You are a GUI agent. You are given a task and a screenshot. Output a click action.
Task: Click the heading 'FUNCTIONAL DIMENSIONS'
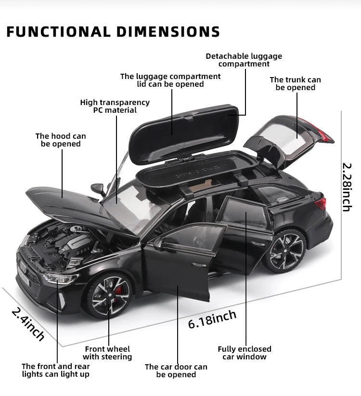tap(113, 31)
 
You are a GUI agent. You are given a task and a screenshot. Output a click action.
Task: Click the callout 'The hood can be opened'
tap(61, 140)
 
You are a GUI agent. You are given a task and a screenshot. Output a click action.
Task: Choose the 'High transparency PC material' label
tap(115, 106)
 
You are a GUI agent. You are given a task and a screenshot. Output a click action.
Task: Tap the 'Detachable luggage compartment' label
tap(244, 60)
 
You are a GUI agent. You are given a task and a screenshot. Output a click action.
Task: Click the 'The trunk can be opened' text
tap(295, 83)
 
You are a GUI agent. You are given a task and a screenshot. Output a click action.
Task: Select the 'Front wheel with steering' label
tap(107, 353)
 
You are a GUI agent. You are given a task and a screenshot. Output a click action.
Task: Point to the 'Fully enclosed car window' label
tap(245, 353)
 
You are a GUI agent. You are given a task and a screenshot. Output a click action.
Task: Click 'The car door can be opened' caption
tap(176, 370)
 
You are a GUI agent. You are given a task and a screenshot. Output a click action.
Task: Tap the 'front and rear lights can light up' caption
tap(56, 370)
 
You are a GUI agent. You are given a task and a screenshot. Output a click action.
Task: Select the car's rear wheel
tap(287, 251)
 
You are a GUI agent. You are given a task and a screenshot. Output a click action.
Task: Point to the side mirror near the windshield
tap(99, 188)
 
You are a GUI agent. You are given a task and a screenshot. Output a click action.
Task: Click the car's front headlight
tap(60, 279)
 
